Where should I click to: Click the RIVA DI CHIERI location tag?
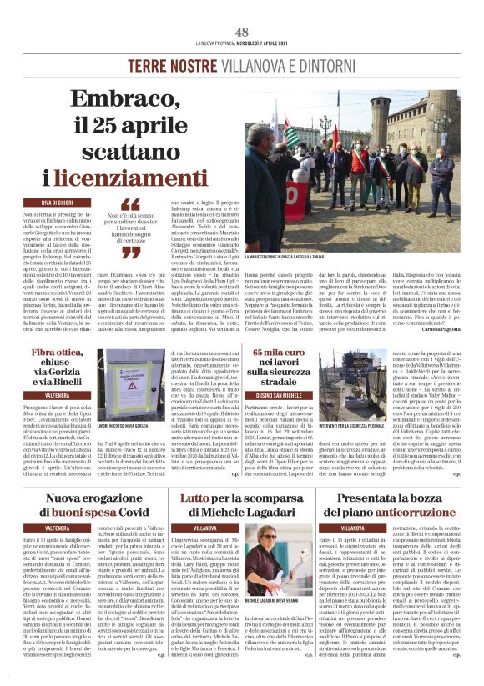(59, 203)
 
